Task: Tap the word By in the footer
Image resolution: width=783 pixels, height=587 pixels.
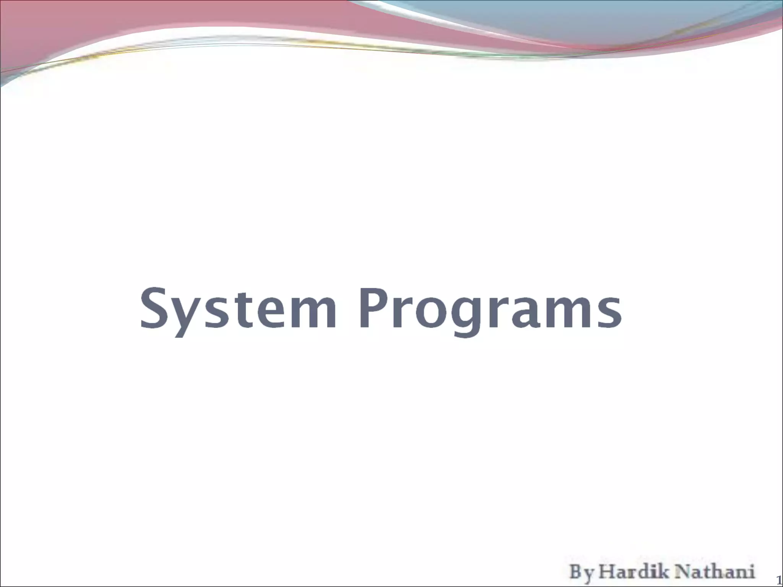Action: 582,572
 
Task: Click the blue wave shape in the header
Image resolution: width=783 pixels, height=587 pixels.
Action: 573,23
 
